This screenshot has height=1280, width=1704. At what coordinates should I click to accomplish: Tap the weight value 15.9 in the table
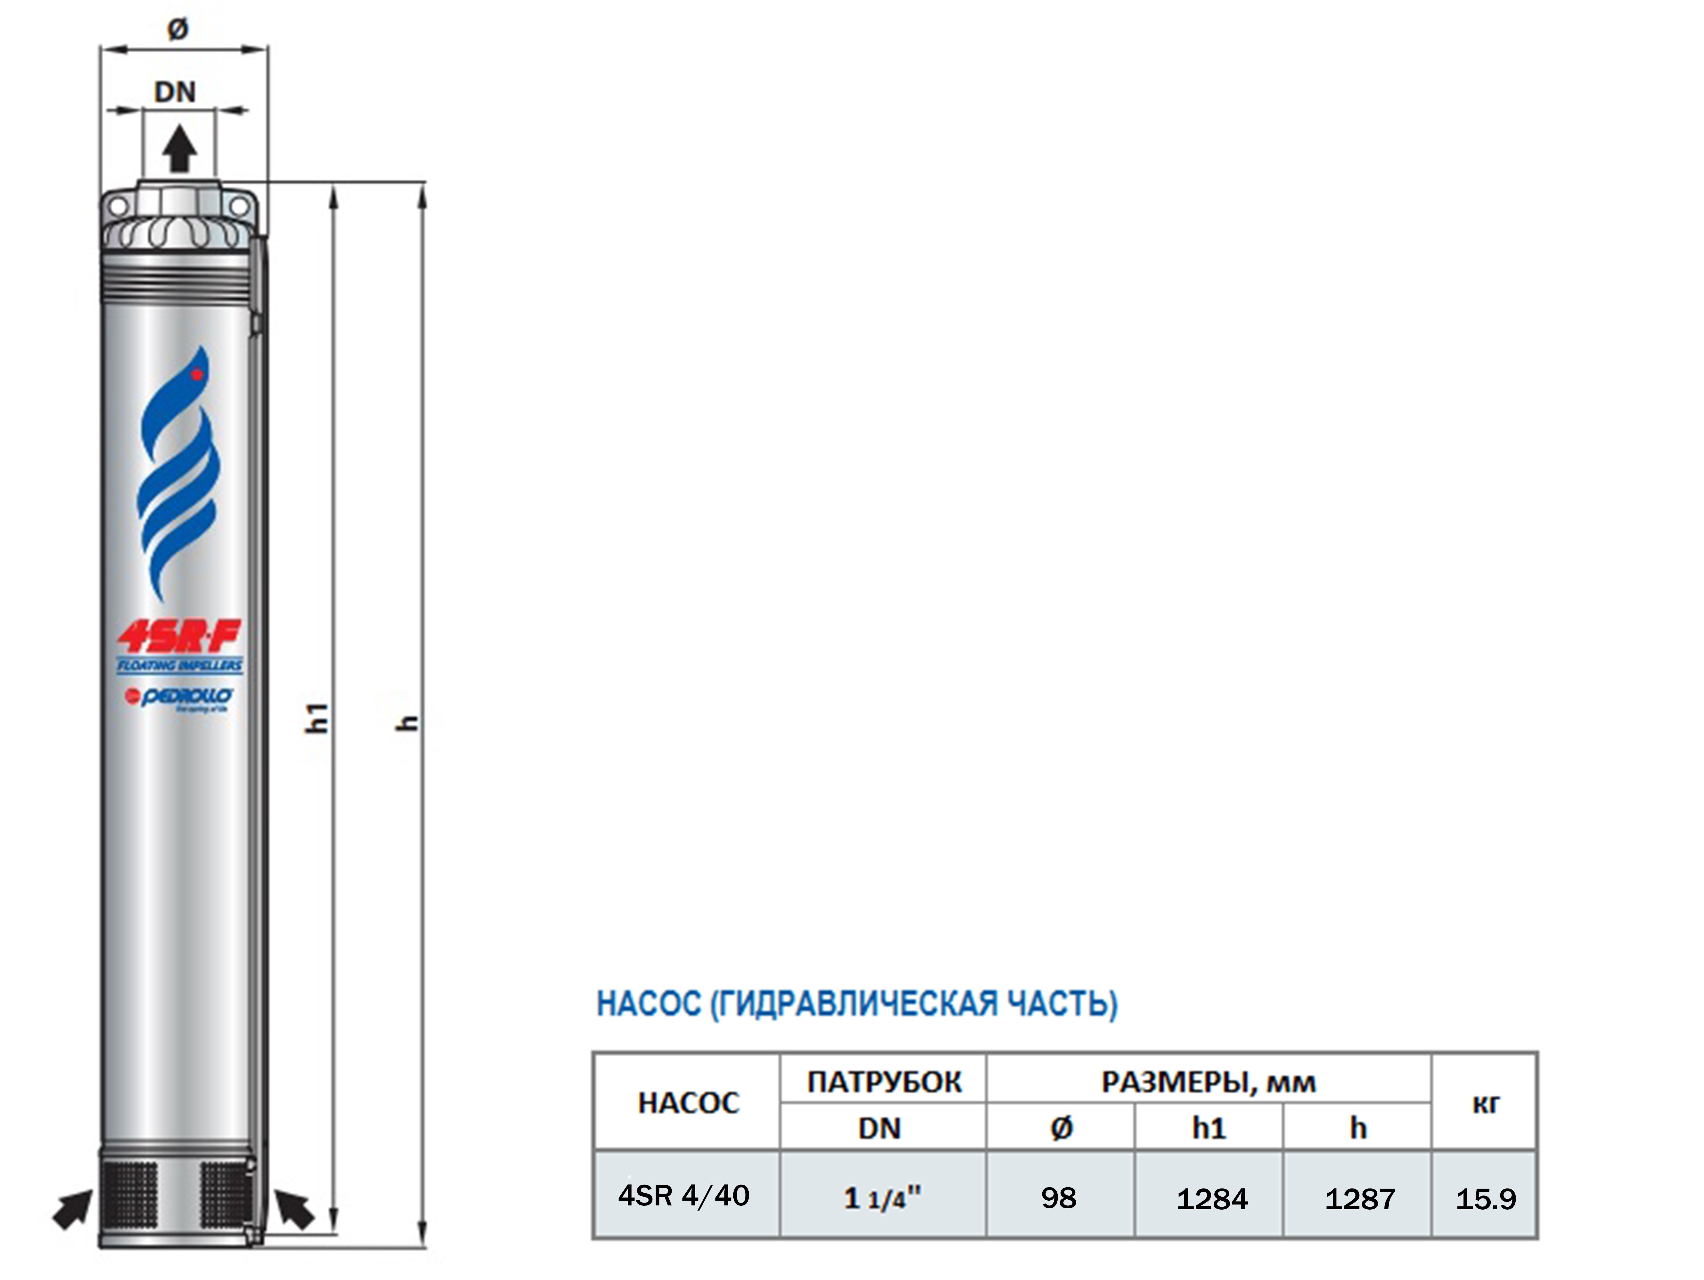click(1485, 1198)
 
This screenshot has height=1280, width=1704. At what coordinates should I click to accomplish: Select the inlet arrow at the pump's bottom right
click(295, 1208)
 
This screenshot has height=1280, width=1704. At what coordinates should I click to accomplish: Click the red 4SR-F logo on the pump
click(179, 636)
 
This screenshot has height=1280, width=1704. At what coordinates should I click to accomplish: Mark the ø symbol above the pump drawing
click(178, 29)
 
